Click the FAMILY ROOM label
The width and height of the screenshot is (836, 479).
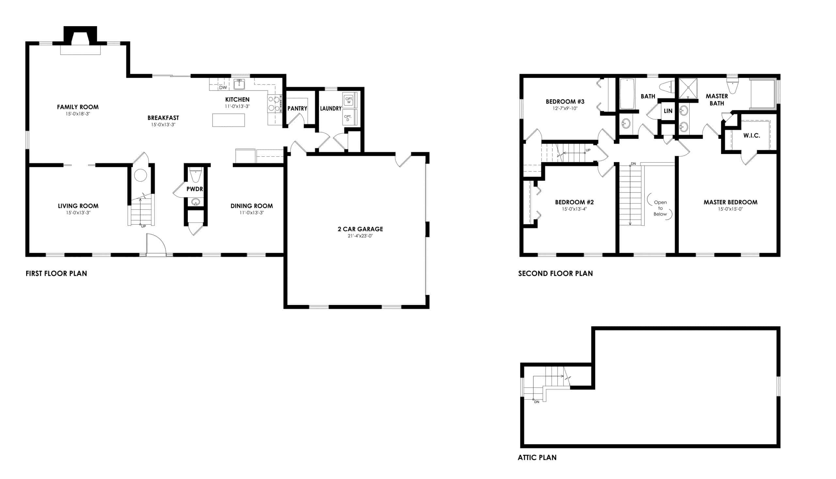[x=78, y=107]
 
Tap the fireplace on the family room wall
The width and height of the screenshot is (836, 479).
[x=80, y=41]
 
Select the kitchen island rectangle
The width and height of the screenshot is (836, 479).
[x=228, y=120]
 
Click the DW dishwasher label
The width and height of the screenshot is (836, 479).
[x=223, y=88]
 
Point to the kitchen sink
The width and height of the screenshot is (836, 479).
[x=239, y=85]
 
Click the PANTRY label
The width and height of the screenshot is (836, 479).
[x=297, y=108]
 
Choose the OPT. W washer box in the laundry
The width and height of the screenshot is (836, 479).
[x=349, y=100]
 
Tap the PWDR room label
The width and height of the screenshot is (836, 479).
[x=194, y=189]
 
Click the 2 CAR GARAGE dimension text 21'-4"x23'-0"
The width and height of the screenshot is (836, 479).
[x=360, y=236]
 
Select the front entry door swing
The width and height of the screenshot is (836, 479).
[x=156, y=245]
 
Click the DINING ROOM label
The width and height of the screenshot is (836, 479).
[x=251, y=206]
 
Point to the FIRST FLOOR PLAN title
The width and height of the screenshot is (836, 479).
[x=56, y=273]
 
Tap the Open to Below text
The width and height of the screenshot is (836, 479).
[x=660, y=208]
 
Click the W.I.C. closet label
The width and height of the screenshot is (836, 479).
[x=751, y=136]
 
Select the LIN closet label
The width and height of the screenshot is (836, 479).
[x=668, y=111]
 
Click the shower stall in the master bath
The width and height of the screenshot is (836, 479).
[x=688, y=88]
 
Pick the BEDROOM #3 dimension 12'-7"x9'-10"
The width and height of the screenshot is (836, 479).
[x=565, y=108]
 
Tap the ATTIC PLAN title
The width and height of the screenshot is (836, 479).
[x=537, y=457]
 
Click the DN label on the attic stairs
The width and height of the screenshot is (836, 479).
[x=537, y=402]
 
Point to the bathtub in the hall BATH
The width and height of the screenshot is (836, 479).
[x=627, y=94]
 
